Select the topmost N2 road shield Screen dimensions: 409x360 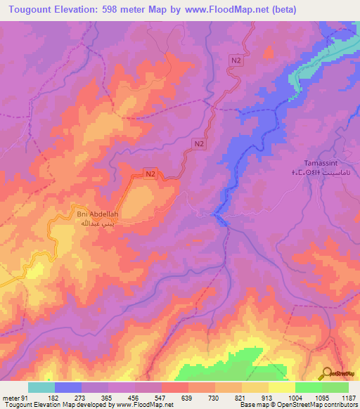236,62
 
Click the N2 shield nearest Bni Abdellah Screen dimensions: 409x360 150,173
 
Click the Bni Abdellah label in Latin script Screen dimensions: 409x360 98,214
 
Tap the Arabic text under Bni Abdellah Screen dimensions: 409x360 98,223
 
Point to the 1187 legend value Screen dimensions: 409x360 348,397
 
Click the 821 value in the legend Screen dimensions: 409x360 241,397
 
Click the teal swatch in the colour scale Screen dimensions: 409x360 41,387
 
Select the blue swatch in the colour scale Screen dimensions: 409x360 67,387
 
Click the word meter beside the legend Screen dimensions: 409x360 11,397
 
